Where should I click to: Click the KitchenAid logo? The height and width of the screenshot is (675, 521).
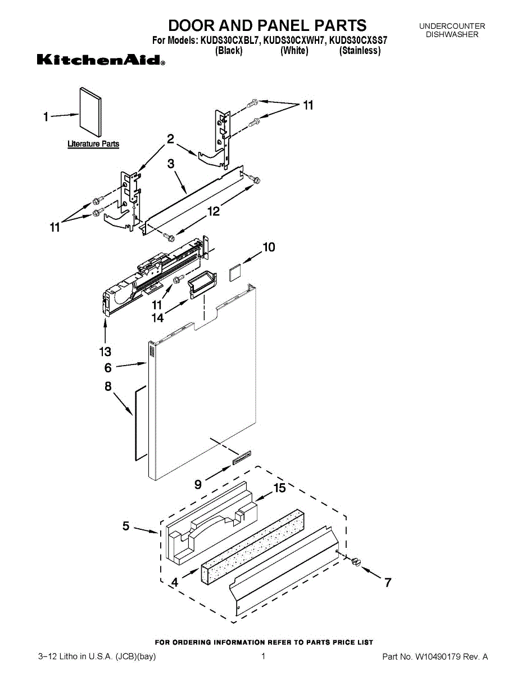[x=101, y=60]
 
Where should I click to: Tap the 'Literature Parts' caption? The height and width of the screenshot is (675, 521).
[x=93, y=144]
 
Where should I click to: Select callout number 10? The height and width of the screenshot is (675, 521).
[x=269, y=246]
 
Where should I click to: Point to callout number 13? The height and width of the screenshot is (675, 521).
[x=106, y=352]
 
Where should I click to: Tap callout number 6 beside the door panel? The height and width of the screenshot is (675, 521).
[x=107, y=368]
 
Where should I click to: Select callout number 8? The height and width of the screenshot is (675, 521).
[x=108, y=386]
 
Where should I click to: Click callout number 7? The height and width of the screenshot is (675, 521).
[x=387, y=583]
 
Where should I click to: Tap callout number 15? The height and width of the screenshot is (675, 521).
[x=279, y=488]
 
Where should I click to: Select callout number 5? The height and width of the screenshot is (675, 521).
[x=126, y=526]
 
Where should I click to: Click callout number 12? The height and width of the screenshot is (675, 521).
[x=214, y=211]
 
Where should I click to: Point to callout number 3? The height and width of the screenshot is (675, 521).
[x=170, y=164]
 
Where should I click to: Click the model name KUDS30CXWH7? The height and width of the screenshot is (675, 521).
[x=295, y=40]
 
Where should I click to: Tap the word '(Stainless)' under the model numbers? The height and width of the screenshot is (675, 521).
[x=360, y=51]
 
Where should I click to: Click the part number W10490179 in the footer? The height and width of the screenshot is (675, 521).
[x=437, y=656]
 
